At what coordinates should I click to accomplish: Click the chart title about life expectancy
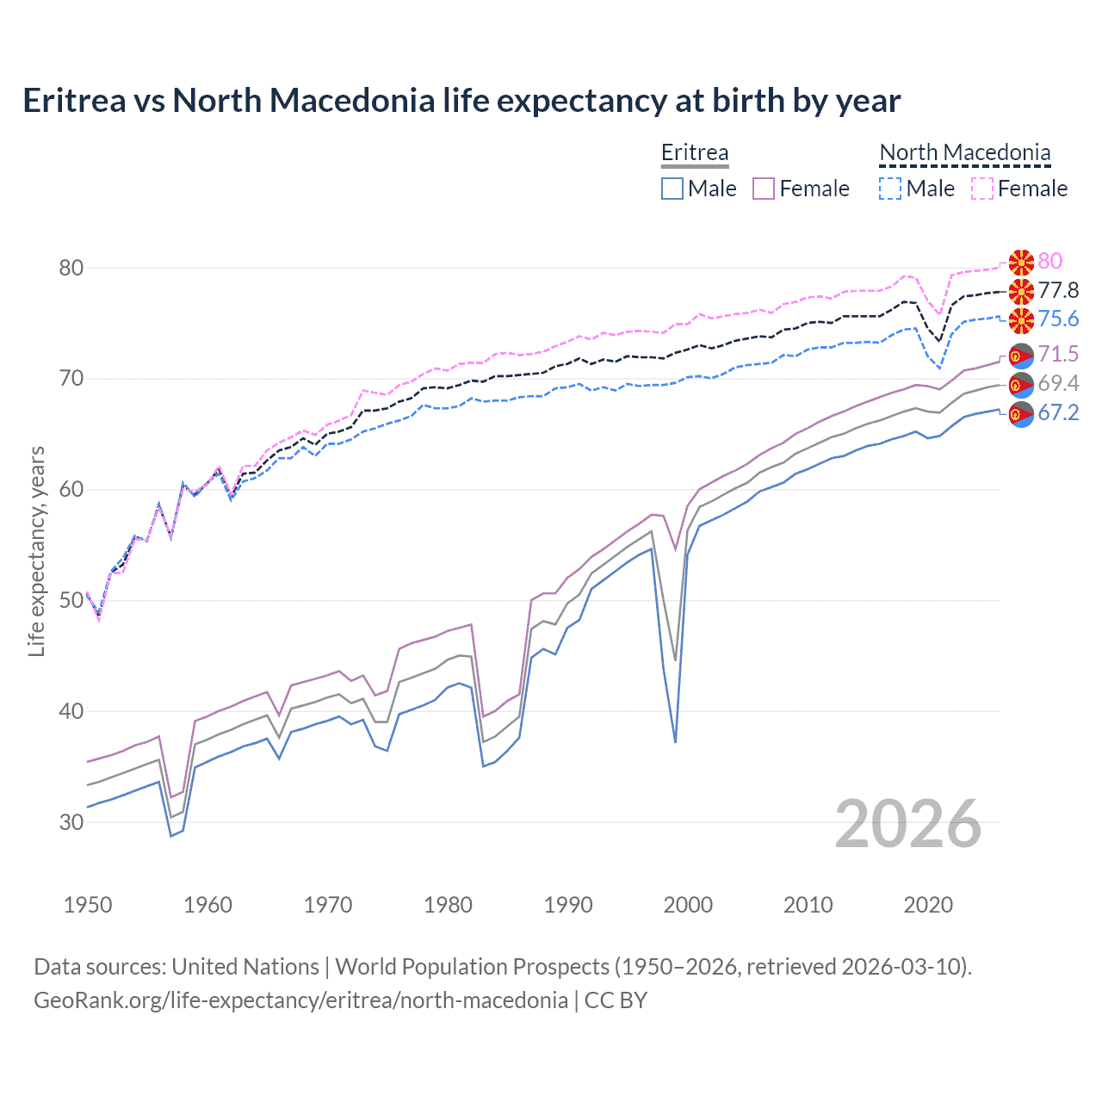point(461,101)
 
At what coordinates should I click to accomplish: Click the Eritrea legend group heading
point(695,152)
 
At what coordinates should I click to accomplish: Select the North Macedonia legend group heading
point(965,152)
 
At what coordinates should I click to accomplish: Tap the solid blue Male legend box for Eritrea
point(672,189)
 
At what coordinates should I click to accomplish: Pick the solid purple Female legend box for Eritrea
point(764,189)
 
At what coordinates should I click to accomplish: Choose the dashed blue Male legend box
point(890,189)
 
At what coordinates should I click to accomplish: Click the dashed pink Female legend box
point(982,189)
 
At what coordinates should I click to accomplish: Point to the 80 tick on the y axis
point(71,268)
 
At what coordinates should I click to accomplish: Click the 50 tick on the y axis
point(71,600)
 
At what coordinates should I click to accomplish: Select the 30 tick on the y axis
point(71,822)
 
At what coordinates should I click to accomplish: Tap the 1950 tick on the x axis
point(88,905)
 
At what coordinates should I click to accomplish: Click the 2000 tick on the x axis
point(688,905)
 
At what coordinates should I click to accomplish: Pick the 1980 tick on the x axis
point(448,905)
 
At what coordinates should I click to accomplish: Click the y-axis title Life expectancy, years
point(36,551)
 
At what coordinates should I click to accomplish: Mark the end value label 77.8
point(1058,290)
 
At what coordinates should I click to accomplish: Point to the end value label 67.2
point(1058,412)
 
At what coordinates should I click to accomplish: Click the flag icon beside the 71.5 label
point(1021,355)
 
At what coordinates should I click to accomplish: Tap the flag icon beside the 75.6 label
point(1021,320)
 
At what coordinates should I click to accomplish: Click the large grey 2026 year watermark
point(907,824)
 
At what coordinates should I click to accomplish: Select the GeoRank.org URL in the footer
point(300,1000)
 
